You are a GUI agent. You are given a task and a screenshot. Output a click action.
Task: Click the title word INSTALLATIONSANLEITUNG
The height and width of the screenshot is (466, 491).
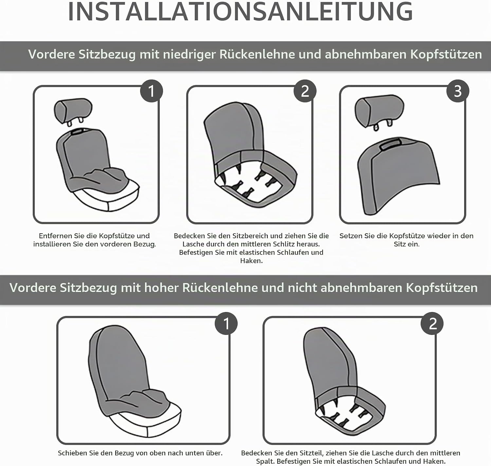[240, 12]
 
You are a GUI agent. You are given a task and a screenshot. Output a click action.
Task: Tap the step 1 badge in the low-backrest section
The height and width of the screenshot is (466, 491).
[151, 91]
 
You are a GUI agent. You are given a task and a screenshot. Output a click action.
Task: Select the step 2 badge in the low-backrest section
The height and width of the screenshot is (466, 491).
[305, 91]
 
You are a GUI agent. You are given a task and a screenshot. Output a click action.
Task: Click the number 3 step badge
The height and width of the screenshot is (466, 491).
[458, 91]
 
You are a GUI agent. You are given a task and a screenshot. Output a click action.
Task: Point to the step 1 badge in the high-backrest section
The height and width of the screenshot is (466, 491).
[226, 323]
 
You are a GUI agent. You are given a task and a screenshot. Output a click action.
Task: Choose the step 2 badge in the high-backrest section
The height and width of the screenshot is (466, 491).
[432, 323]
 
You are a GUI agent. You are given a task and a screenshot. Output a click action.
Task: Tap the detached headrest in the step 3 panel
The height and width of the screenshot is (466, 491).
[379, 112]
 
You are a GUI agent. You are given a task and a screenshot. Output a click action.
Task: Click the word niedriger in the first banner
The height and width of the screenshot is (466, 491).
[190, 54]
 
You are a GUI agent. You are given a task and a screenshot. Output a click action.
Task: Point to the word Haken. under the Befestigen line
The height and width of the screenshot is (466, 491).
[251, 261]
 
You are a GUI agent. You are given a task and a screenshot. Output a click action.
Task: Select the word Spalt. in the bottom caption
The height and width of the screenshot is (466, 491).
[265, 461]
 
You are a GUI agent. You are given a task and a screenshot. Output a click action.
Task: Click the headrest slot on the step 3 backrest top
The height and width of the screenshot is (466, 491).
[391, 144]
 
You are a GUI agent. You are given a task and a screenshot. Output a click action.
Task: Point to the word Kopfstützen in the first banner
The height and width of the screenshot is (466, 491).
[446, 54]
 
